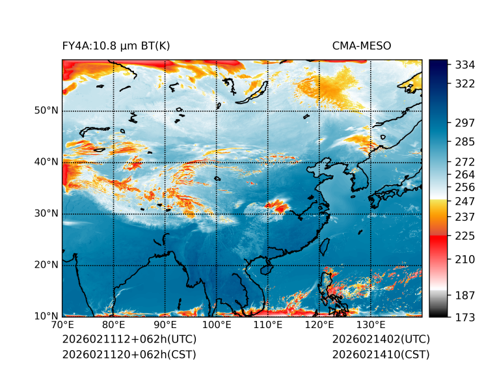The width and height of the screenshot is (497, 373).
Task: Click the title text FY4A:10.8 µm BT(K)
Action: [x=116, y=46]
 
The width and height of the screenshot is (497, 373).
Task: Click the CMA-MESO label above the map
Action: [x=362, y=46]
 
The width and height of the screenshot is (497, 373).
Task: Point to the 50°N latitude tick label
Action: [x=46, y=111]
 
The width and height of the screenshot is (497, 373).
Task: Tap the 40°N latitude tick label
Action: [x=46, y=162]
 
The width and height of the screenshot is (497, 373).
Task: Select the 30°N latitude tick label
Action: [x=46, y=214]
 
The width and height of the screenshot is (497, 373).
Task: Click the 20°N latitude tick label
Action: [x=46, y=265]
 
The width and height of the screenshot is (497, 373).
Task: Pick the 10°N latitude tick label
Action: [x=46, y=316]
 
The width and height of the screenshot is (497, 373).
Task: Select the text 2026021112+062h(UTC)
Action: [x=129, y=339]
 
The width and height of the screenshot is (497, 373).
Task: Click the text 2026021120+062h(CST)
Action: [x=129, y=354]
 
